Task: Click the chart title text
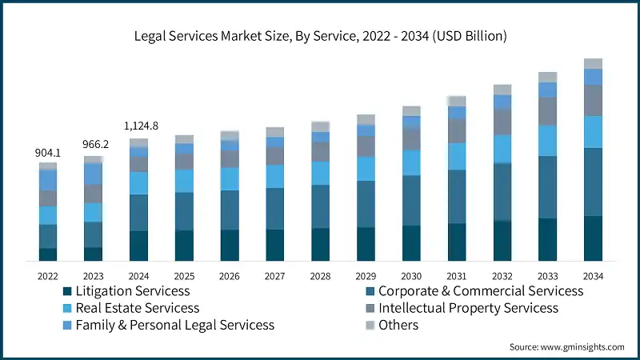coord(320,36)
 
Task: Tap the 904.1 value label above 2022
coord(48,153)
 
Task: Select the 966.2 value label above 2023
coord(94,146)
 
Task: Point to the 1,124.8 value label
coord(140,126)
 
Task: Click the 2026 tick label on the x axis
coord(230,275)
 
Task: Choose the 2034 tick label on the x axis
coord(593,275)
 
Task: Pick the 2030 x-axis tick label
coord(411,275)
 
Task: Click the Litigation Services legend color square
coord(68,291)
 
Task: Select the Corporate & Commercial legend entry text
coord(480,291)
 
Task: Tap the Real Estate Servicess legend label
coord(136,308)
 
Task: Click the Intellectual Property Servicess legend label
coord(468,308)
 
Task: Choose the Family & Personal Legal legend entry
coord(174,325)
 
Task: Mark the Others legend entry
coord(398,325)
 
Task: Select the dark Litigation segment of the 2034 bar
coord(593,238)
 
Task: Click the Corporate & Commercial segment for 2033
coord(547,187)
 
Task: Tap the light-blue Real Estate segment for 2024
coord(139,183)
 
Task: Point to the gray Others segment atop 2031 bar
coord(457,101)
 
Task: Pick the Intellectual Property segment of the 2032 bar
coord(502,122)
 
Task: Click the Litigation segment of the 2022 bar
coord(48,254)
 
